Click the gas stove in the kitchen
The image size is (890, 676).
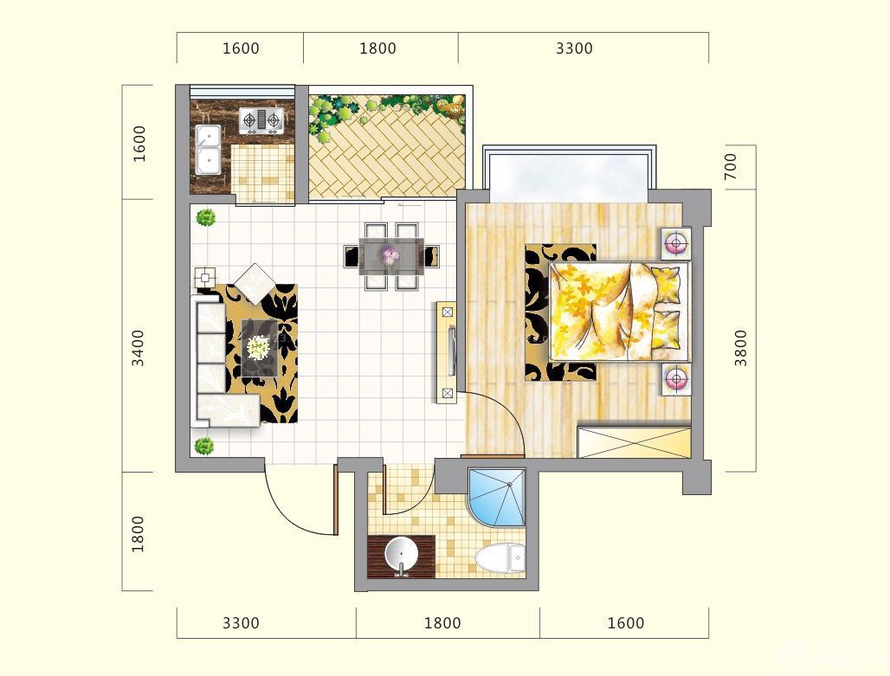(x=261, y=121)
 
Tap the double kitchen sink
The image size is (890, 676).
(x=208, y=150)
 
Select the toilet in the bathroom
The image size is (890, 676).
(x=500, y=558)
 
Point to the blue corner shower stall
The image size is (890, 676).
(x=497, y=497)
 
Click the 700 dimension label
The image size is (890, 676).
(x=731, y=166)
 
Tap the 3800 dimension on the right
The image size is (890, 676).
(x=741, y=348)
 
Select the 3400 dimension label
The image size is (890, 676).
(x=138, y=348)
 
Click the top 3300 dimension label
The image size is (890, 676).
(x=574, y=48)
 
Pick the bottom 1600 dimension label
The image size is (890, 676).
(x=625, y=623)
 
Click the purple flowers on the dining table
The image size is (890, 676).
(x=391, y=255)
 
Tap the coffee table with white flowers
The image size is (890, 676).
(x=260, y=348)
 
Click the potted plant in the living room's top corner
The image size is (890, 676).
(x=205, y=218)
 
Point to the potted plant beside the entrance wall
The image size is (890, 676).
(x=204, y=446)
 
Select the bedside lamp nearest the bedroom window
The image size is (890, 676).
(x=675, y=244)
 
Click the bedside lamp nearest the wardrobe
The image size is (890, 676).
(x=675, y=378)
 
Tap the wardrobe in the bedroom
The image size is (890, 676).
(x=634, y=441)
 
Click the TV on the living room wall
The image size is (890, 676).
(x=452, y=351)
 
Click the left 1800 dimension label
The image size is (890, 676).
(x=138, y=534)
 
